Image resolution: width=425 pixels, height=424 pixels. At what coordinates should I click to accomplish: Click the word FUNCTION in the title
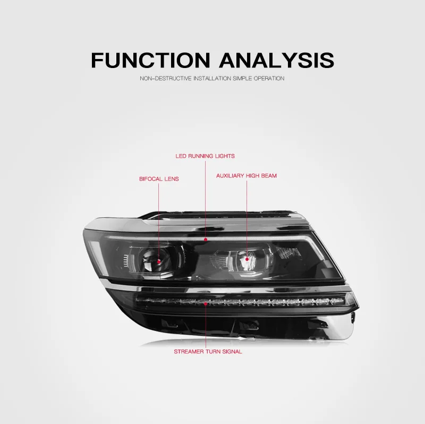pyautogui.click(x=151, y=60)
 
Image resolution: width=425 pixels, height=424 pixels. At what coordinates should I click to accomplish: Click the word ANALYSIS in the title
pyautogui.click(x=277, y=60)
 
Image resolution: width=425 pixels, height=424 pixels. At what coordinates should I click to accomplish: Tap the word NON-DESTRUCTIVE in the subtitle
pyautogui.click(x=166, y=78)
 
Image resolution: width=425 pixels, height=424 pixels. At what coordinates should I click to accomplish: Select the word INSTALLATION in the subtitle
pyautogui.click(x=212, y=78)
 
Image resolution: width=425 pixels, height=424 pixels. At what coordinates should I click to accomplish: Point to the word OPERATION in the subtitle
pyautogui.click(x=269, y=78)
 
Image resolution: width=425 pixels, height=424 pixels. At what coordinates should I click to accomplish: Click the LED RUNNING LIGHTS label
pyautogui.click(x=205, y=156)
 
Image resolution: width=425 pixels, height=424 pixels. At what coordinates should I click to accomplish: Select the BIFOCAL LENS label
pyautogui.click(x=159, y=179)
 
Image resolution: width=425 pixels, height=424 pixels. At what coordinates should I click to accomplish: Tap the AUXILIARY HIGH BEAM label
pyautogui.click(x=246, y=176)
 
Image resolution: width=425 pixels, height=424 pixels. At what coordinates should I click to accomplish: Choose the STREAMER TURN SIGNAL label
pyautogui.click(x=208, y=352)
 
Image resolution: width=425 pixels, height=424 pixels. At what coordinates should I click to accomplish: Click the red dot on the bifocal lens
pyautogui.click(x=159, y=262)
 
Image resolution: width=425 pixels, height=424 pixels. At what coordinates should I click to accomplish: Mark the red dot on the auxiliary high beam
pyautogui.click(x=247, y=259)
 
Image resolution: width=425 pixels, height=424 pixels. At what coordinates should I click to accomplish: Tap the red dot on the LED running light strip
pyautogui.click(x=206, y=240)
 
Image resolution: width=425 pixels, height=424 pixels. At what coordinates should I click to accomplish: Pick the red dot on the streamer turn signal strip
pyautogui.click(x=206, y=304)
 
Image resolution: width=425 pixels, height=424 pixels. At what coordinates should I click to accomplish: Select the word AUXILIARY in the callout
pyautogui.click(x=230, y=176)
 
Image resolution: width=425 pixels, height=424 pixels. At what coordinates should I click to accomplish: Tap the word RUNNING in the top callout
pyautogui.click(x=201, y=156)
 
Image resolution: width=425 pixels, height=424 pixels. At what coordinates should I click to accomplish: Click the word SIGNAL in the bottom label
pyautogui.click(x=232, y=352)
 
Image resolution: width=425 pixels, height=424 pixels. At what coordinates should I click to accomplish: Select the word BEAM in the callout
pyautogui.click(x=269, y=176)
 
